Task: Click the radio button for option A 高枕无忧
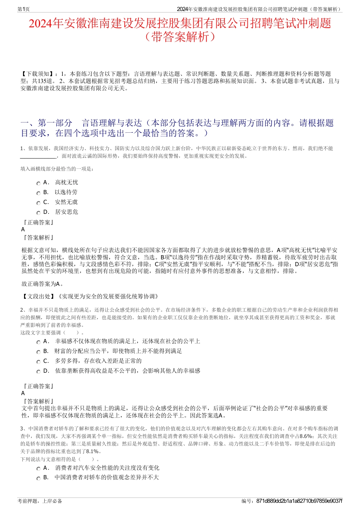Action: coord(38,183)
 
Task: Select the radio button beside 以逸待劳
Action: coord(38,193)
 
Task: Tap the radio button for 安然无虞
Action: coord(38,203)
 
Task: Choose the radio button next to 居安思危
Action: coord(38,213)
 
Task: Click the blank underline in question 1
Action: coord(38,156)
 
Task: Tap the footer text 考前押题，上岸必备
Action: coord(40,501)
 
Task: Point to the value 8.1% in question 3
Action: coord(93,451)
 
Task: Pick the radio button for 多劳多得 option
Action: coord(38,362)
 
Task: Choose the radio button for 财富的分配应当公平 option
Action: coord(38,352)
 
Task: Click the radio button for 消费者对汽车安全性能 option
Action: coord(38,469)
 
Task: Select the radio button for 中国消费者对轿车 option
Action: coord(38,479)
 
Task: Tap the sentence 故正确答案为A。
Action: coord(42,284)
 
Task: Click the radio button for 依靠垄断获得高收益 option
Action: coord(38,372)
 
